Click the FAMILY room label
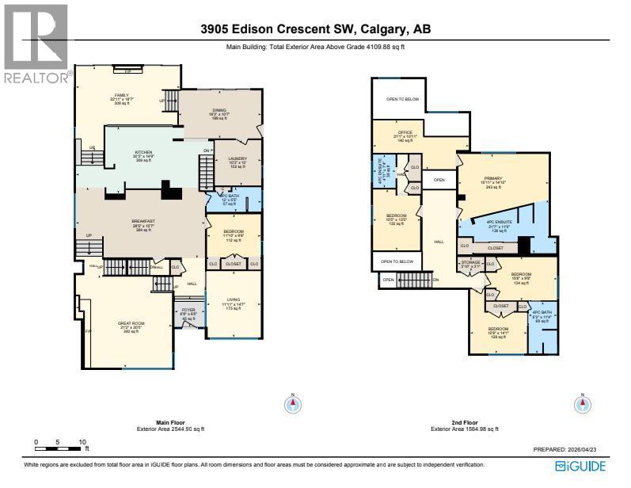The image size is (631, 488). point(121,94)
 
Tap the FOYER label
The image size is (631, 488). point(188,310)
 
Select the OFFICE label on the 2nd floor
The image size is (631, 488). point(405,132)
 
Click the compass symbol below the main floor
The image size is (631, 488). point(293,405)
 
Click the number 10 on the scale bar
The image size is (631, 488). point(82,441)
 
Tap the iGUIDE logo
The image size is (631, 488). point(582,467)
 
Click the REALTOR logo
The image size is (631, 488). point(35,44)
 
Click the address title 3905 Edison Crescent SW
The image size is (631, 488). point(315,30)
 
